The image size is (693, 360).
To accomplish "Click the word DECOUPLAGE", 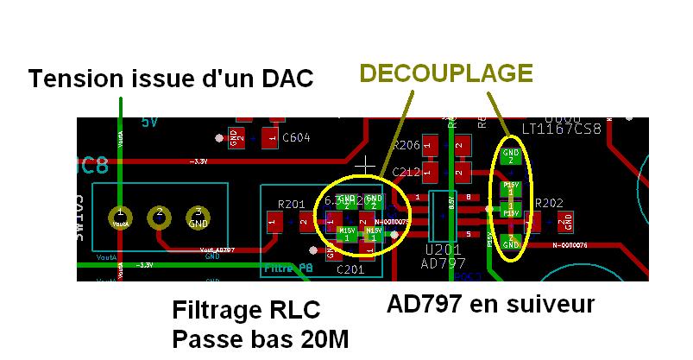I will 445,73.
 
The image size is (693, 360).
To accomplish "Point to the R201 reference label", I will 292,205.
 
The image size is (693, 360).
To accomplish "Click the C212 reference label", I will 406,173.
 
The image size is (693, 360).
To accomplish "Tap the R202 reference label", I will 549,204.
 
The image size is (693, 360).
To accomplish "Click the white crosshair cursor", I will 368,163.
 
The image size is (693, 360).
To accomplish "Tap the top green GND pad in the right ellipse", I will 510,156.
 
